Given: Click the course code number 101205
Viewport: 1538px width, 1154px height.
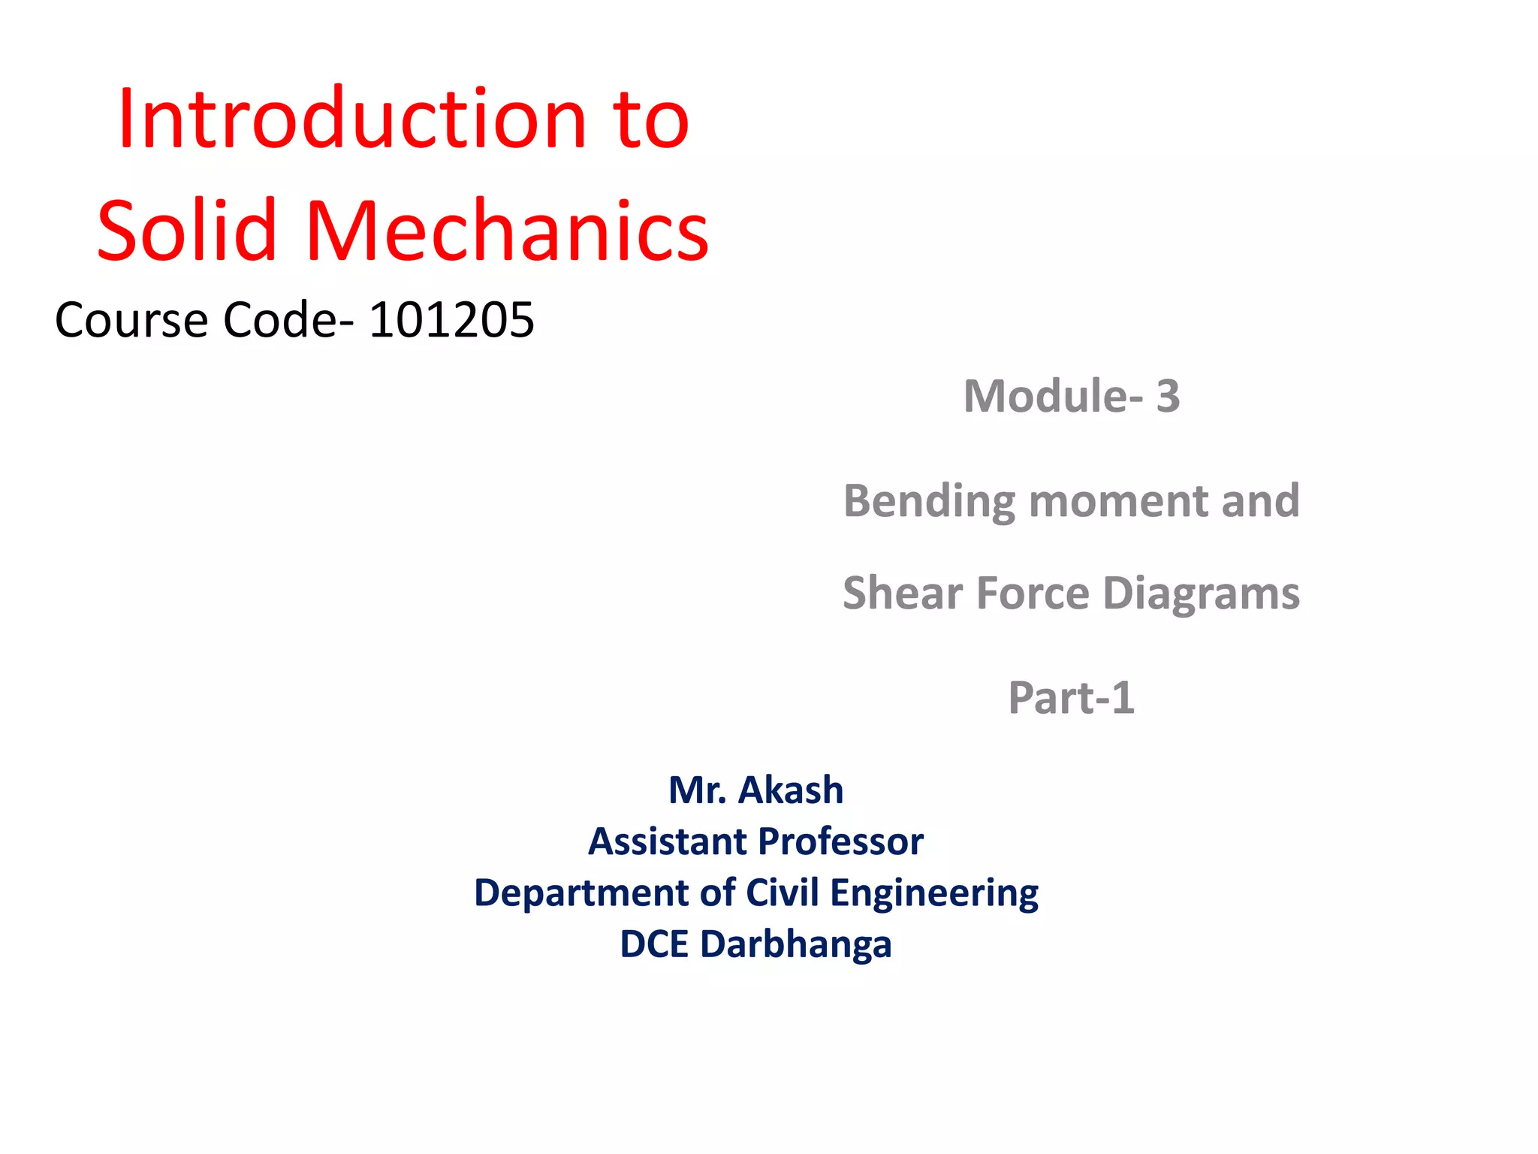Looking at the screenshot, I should point(451,320).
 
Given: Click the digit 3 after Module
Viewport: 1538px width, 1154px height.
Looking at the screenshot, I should point(1168,396).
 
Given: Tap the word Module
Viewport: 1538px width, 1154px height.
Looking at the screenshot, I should point(1048,396).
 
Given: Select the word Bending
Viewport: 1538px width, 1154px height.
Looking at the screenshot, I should point(928,502).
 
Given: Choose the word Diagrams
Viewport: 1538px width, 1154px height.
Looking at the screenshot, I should point(1201,594).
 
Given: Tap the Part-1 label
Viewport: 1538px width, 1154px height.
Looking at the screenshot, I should point(1071,698).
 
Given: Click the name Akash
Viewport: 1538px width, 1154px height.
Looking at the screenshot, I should point(791,790).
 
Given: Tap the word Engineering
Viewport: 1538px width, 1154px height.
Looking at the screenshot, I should point(934,894).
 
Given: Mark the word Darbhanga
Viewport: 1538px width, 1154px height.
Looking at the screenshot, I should point(795,945).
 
